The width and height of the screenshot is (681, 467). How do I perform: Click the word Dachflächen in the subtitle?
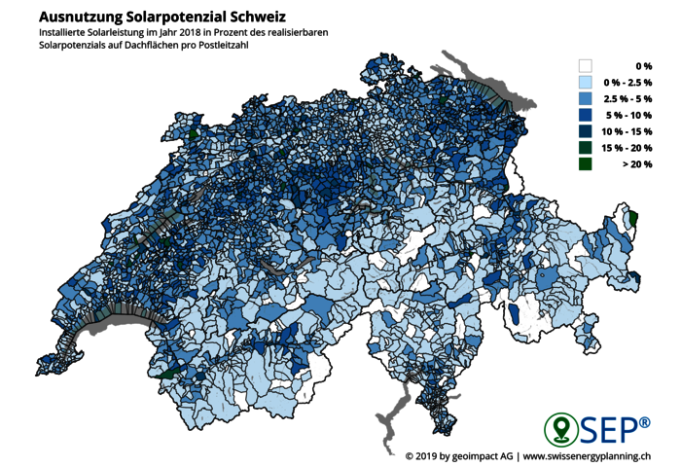143,46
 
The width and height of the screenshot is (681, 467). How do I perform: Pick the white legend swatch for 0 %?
586,66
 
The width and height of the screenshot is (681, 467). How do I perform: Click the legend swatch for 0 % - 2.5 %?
586,83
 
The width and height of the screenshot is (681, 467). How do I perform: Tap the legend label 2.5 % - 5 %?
627,99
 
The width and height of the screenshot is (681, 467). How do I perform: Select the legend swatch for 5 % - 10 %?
586,116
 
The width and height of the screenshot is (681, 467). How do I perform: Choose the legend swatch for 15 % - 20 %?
586,149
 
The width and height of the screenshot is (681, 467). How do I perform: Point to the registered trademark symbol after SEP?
645,420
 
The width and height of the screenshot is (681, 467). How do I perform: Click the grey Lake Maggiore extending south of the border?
388,413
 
